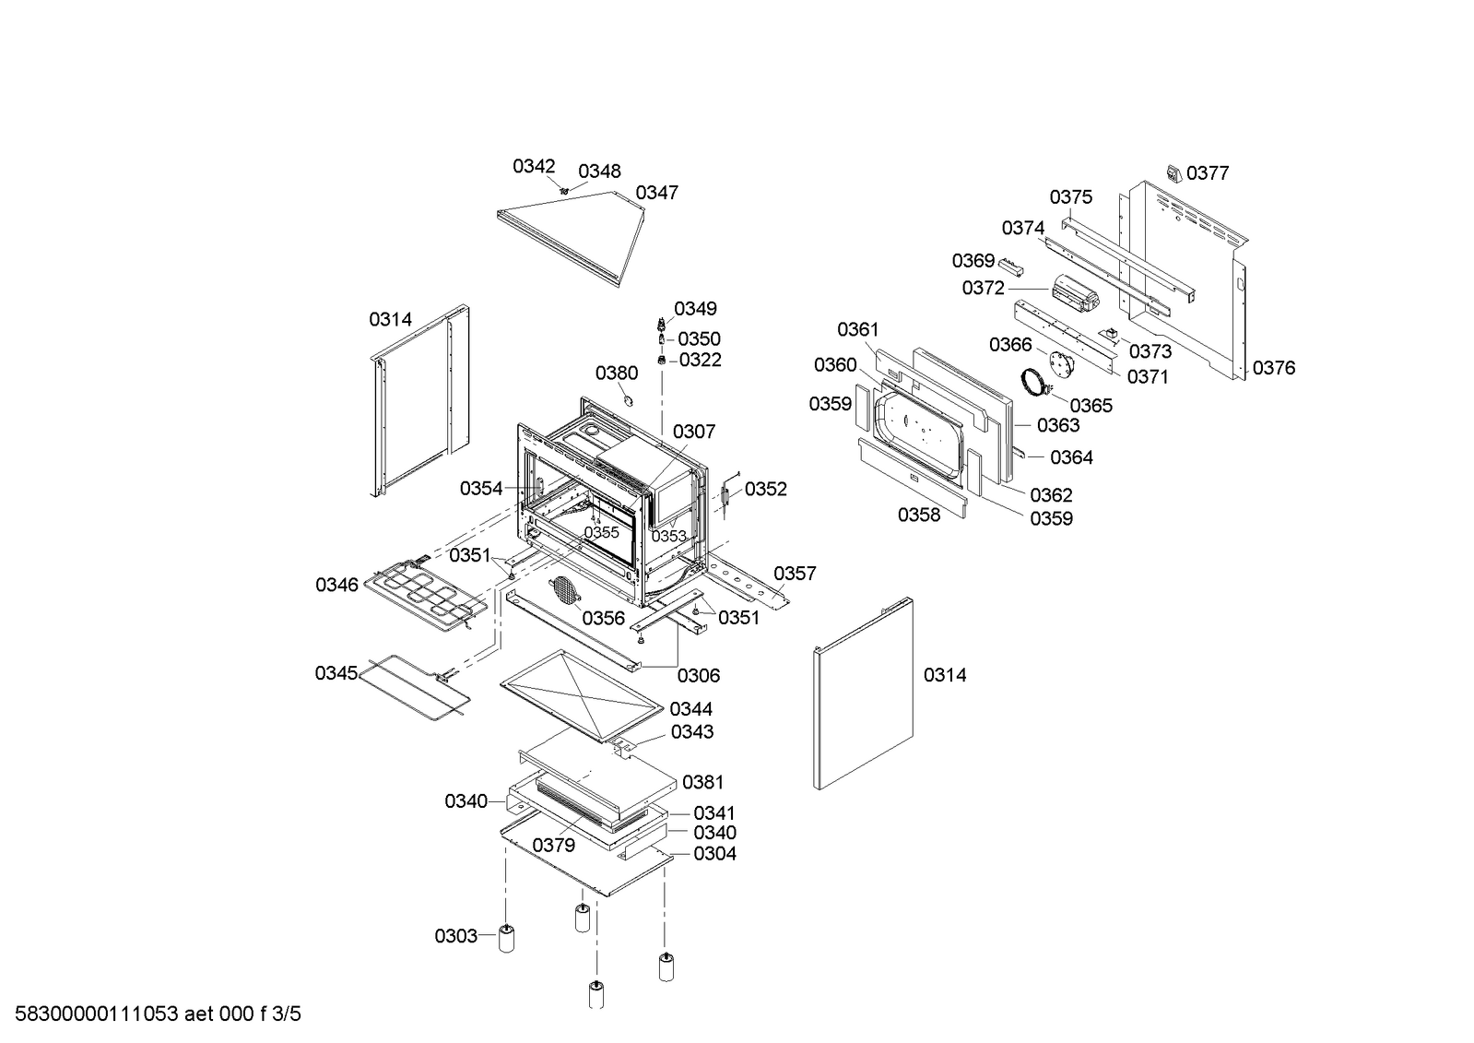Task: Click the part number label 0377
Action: point(1208,173)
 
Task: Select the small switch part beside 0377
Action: point(1173,172)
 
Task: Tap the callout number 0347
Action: point(657,193)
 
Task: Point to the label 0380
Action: point(616,373)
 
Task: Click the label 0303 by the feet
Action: point(455,937)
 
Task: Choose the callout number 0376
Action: point(1274,369)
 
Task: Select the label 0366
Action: point(1010,345)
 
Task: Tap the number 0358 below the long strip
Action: point(919,516)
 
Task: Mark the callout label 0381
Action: point(702,783)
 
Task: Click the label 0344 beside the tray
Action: point(690,709)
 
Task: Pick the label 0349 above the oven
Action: point(695,309)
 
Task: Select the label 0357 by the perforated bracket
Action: point(795,574)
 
